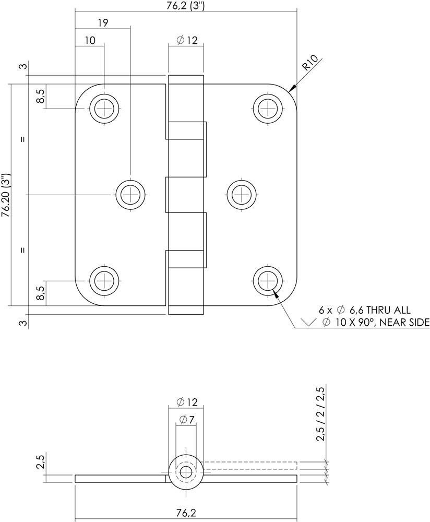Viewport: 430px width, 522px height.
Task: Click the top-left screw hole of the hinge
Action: [x=105, y=109]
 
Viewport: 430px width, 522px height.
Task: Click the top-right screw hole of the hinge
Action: [x=268, y=109]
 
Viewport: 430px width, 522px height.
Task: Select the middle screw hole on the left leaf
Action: [x=130, y=195]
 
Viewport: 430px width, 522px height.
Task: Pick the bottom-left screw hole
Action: [x=105, y=279]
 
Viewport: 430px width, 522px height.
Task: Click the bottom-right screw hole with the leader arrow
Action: [x=268, y=279]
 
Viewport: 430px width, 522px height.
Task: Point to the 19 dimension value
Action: [x=102, y=22]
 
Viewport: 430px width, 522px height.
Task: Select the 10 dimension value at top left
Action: [x=90, y=41]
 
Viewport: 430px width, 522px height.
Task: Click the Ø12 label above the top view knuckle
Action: [x=186, y=40]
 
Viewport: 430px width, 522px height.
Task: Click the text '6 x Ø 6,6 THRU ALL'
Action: [x=365, y=310]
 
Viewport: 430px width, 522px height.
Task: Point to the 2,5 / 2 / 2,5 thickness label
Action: [x=320, y=414]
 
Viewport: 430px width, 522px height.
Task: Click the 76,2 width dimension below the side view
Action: [x=186, y=514]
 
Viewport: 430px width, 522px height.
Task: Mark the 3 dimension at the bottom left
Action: [x=23, y=323]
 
